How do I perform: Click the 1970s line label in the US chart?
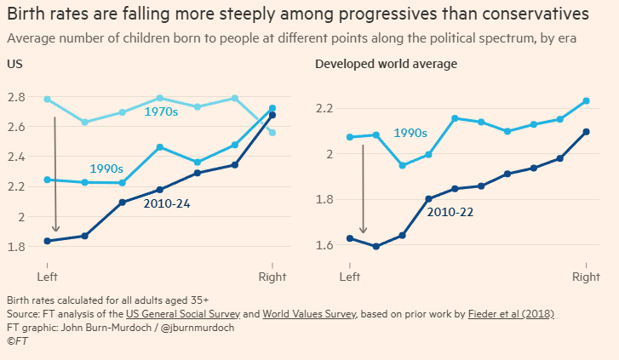[161, 111]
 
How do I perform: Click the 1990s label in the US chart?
[106, 169]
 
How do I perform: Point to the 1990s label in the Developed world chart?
[410, 133]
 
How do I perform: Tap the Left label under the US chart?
[47, 277]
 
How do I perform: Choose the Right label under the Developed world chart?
[586, 277]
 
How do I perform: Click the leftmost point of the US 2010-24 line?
[47, 241]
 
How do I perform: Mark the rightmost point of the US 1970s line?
[272, 133]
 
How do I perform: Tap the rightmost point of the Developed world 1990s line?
[586, 101]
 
